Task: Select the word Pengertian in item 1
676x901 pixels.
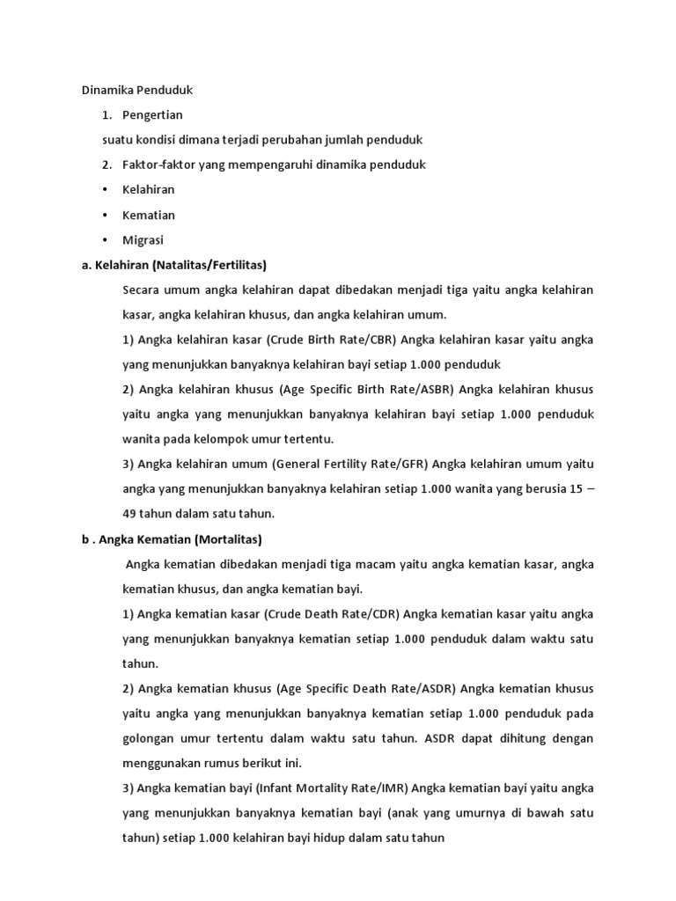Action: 152,114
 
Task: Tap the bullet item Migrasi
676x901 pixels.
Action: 143,239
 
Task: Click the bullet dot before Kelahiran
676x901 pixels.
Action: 106,189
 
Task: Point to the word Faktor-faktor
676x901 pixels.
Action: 154,165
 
